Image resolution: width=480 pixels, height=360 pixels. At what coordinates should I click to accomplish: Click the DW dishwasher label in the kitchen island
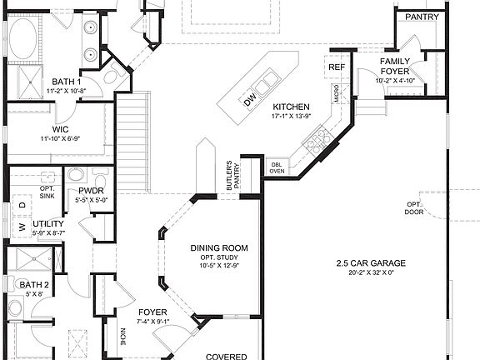coord(249,101)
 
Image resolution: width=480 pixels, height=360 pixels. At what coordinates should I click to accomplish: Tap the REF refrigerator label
coord(337,67)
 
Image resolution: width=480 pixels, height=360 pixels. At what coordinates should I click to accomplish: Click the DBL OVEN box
coord(277,167)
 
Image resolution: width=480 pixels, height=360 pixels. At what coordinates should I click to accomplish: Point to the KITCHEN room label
coord(292,107)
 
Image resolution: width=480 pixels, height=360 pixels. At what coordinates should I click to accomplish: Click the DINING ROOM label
coord(219,248)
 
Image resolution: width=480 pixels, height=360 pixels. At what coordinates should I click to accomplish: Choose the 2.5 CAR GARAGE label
coord(366,264)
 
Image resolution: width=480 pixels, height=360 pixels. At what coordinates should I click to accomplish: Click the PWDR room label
coord(91,191)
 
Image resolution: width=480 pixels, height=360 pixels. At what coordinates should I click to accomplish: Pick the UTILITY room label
coord(48,224)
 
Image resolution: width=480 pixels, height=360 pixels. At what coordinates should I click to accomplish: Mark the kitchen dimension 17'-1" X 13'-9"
coord(292,117)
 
